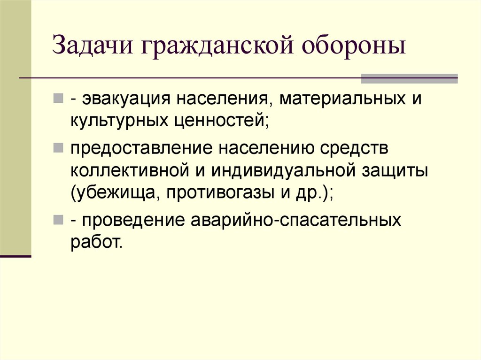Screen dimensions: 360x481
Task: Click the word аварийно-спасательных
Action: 297,220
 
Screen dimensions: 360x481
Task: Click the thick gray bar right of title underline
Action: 409,78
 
